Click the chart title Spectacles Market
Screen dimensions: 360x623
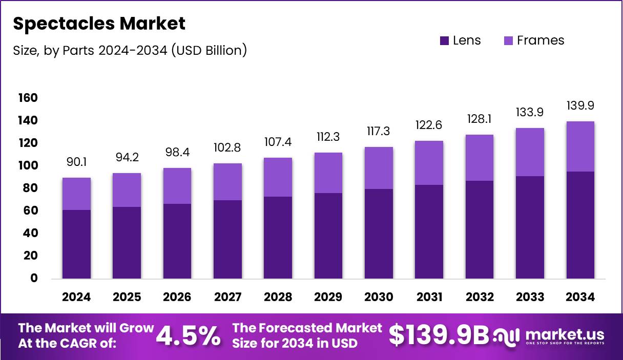tap(99, 23)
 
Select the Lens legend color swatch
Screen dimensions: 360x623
tap(444, 40)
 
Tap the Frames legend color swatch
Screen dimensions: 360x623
tap(508, 40)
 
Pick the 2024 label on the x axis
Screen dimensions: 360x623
tap(76, 298)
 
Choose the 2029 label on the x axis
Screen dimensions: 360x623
tap(328, 298)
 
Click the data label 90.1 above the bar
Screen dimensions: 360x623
tap(76, 162)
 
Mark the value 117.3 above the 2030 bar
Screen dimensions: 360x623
tap(379, 132)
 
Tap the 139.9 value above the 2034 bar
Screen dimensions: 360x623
tap(580, 106)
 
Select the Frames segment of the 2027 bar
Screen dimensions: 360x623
tap(227, 182)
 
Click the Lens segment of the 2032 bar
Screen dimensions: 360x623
tap(480, 229)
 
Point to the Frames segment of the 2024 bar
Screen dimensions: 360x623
tap(76, 194)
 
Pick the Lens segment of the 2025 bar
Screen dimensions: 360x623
tap(127, 242)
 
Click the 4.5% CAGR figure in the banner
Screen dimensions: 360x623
tap(188, 335)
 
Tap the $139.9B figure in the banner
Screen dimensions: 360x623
tap(439, 335)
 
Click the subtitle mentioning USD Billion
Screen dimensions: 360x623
tap(130, 50)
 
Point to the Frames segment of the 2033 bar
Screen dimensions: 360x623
tap(530, 152)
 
